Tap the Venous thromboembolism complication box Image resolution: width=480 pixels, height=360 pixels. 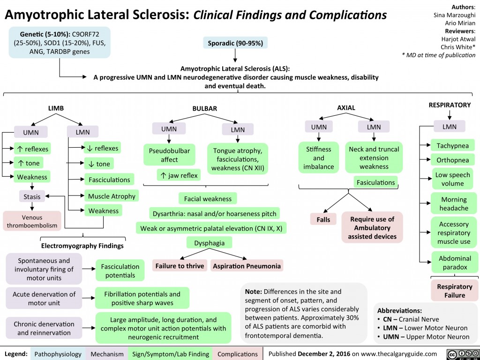coord(31,221)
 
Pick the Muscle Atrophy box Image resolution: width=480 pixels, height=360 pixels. coord(111,196)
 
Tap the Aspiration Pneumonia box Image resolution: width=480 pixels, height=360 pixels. coord(247,266)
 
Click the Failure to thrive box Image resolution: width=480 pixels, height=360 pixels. coord(180,266)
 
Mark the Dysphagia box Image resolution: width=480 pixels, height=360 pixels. coord(206,243)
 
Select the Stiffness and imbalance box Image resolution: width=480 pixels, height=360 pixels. coord(319,158)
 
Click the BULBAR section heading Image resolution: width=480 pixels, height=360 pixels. coord(205,108)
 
